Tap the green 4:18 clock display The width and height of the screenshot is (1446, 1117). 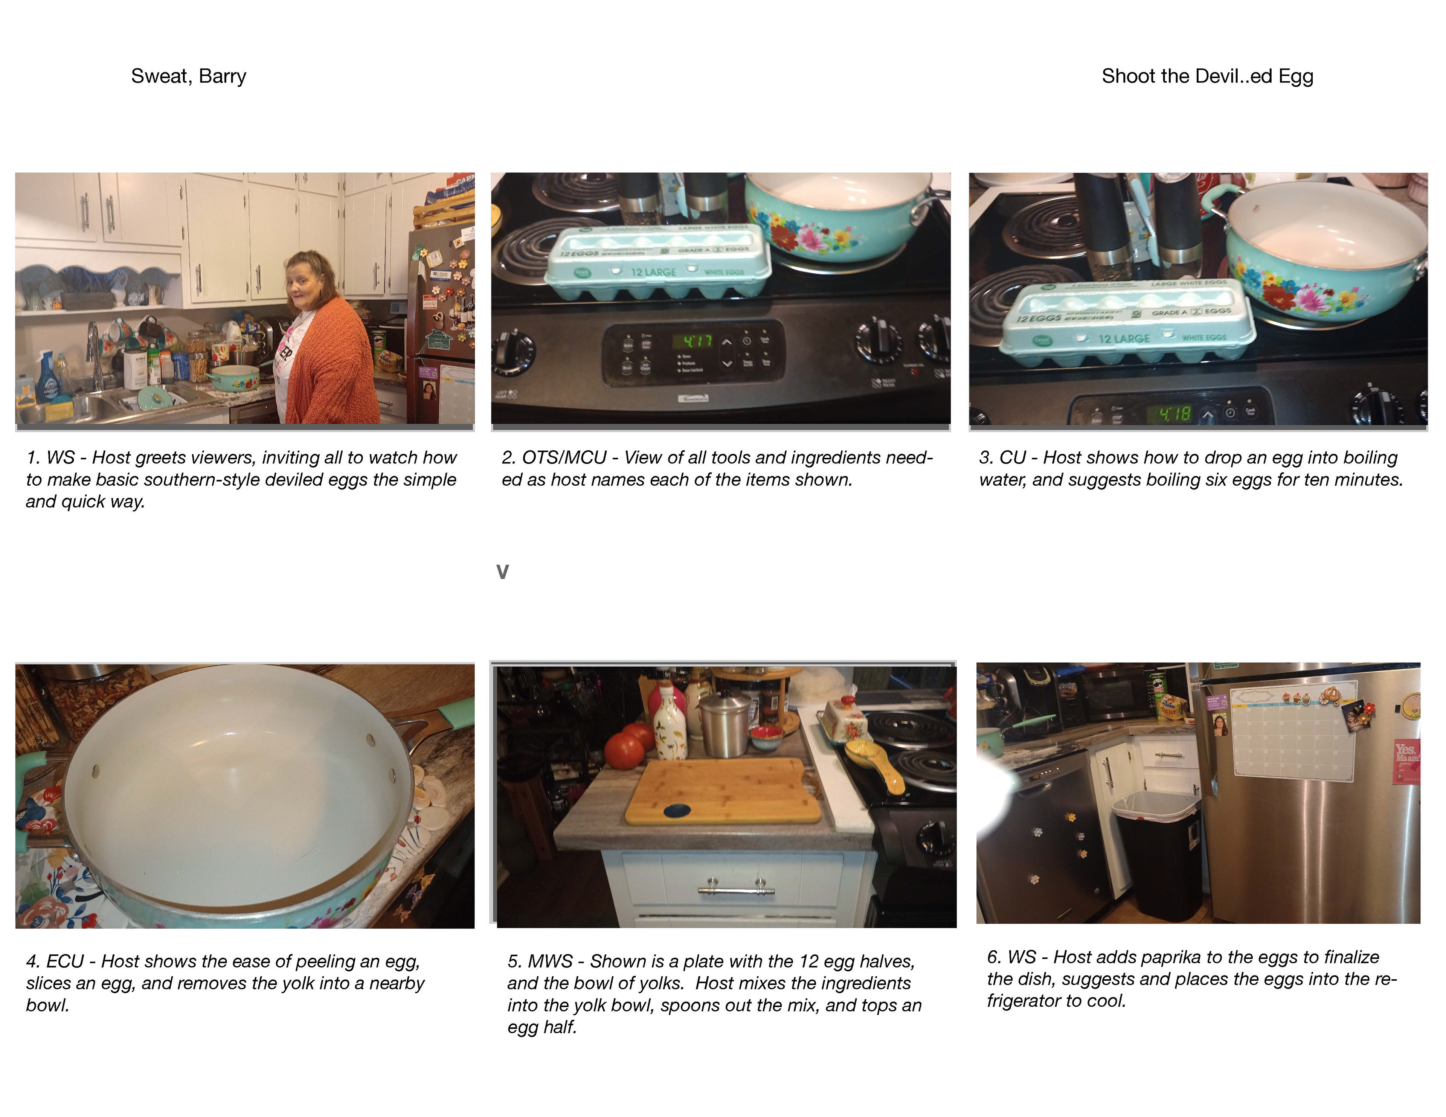[1174, 414]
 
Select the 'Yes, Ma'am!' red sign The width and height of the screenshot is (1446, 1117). [1406, 762]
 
